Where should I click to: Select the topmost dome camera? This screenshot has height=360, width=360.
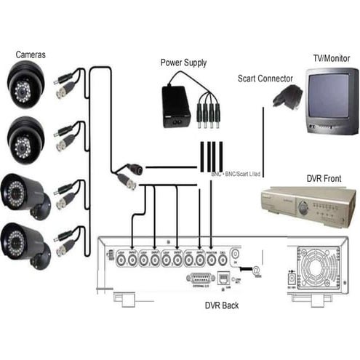click(26, 84)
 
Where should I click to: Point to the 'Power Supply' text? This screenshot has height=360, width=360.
click(184, 63)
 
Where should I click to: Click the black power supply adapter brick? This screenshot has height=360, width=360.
click(176, 105)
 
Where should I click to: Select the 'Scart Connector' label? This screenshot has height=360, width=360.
click(265, 79)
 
